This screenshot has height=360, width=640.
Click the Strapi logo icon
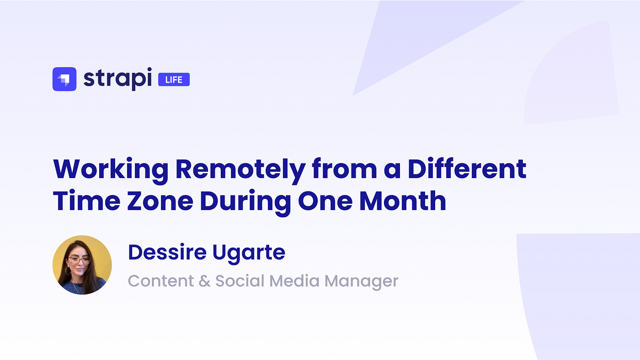(x=64, y=79)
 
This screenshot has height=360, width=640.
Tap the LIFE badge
(x=174, y=80)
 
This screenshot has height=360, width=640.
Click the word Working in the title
(x=111, y=169)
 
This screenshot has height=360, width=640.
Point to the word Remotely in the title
(x=240, y=169)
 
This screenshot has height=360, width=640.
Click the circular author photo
(x=82, y=265)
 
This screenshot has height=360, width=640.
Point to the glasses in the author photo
(x=79, y=260)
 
